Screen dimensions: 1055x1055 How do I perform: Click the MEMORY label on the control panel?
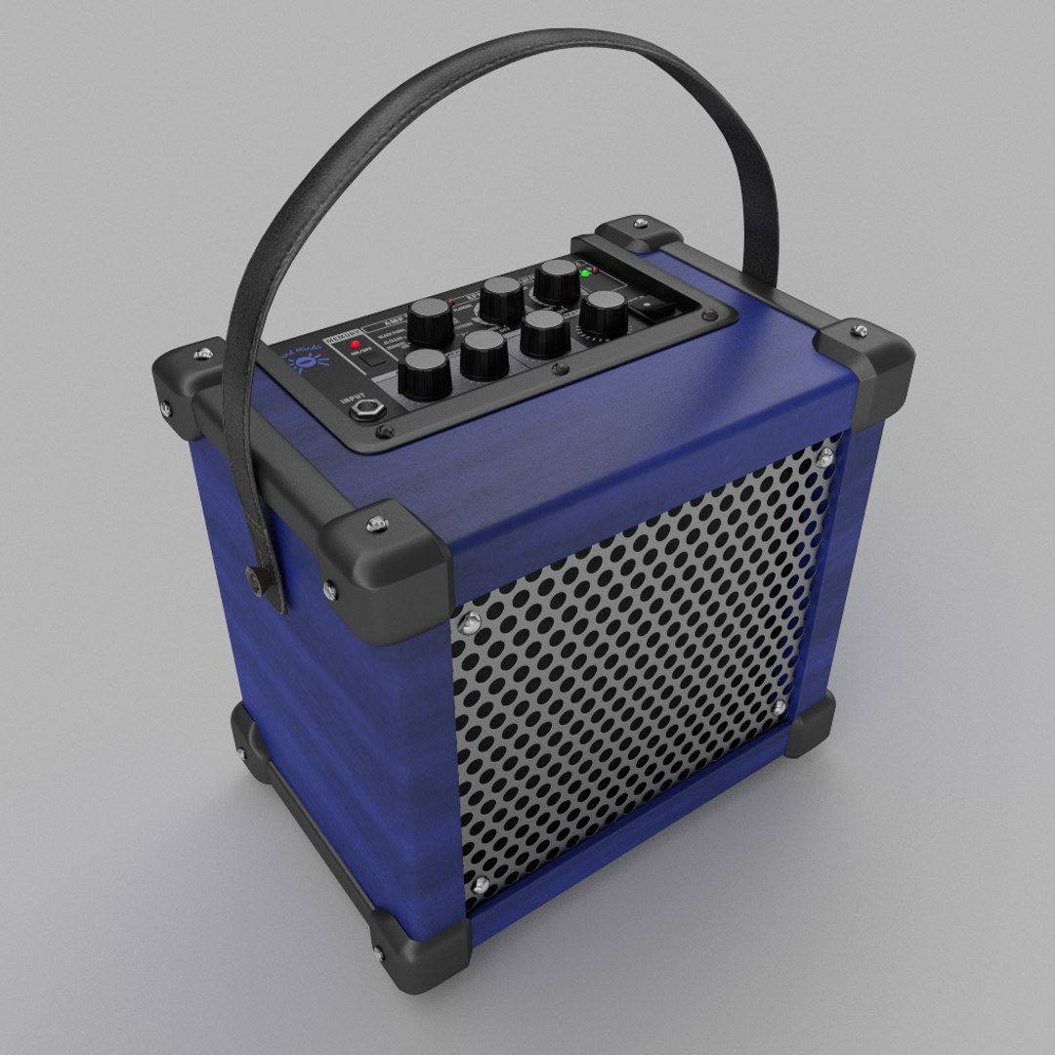tap(342, 339)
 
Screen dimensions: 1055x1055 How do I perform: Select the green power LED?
tap(585, 273)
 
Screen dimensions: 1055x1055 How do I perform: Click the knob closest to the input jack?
tap(425, 373)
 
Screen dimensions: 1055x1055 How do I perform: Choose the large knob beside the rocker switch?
tap(603, 312)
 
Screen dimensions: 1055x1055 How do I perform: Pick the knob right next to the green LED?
tap(558, 279)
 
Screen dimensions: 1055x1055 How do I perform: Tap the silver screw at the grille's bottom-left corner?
tap(480, 885)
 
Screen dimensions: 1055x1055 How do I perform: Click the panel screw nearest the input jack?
tap(382, 430)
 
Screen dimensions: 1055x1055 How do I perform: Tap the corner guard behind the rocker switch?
tap(640, 234)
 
